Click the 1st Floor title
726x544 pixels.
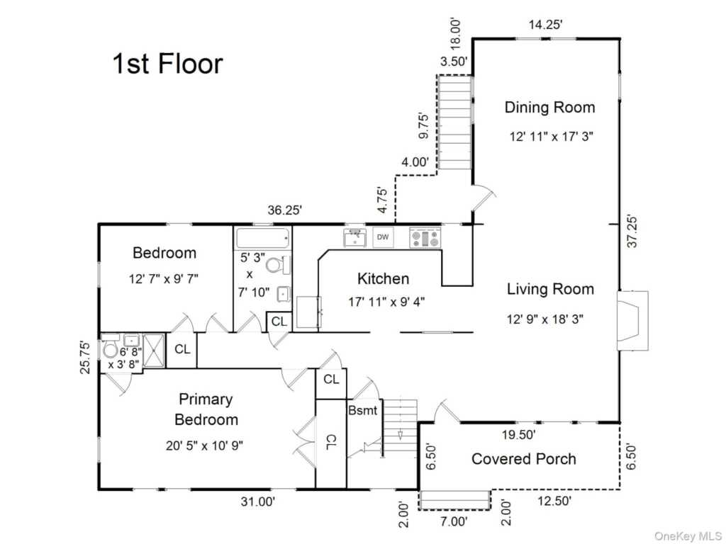[x=167, y=63]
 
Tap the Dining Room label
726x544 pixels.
[x=549, y=108]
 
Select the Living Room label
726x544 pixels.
[x=550, y=289]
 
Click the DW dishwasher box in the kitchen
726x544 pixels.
[x=383, y=237]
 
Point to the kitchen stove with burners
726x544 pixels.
[x=425, y=238]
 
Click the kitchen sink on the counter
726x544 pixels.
[x=354, y=238]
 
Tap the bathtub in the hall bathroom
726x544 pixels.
[x=263, y=238]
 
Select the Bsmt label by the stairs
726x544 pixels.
[x=362, y=410]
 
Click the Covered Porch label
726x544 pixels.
[x=524, y=459]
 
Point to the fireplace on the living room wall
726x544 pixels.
[x=632, y=320]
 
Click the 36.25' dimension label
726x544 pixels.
[x=285, y=210]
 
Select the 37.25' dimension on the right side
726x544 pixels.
[x=632, y=231]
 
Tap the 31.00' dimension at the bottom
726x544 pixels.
[x=258, y=501]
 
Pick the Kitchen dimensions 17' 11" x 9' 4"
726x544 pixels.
[x=386, y=302]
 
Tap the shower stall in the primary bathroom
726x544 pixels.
[x=154, y=351]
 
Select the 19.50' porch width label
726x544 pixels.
[x=519, y=435]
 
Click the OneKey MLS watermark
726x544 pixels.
[x=688, y=535]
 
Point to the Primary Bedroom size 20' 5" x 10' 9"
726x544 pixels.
[x=205, y=446]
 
